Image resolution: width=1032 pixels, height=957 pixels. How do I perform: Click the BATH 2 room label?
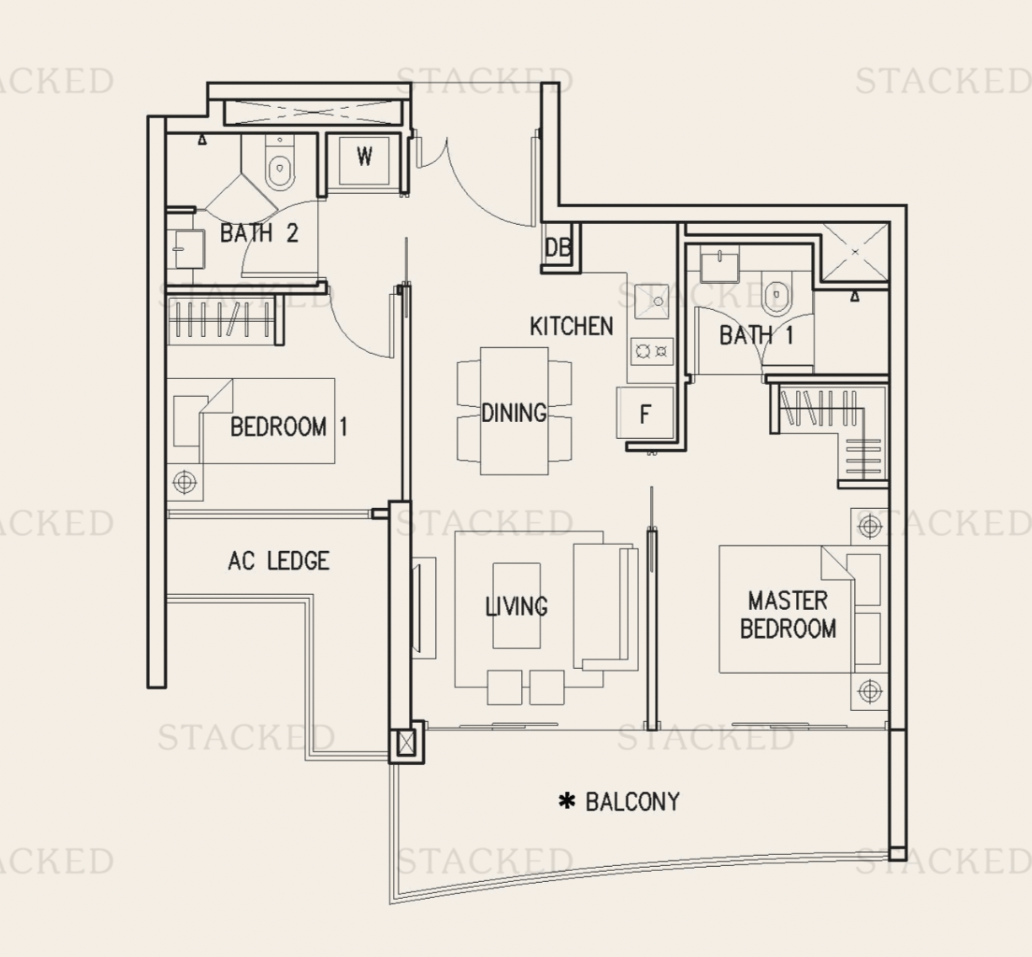(259, 233)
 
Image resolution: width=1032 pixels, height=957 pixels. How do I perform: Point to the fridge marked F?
(645, 414)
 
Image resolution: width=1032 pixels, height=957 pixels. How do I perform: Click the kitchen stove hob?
(652, 351)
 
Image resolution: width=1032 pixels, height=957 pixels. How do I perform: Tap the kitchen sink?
(651, 301)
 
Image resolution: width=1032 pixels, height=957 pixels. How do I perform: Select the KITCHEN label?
(571, 327)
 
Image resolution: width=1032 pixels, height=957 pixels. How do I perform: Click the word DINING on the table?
(514, 413)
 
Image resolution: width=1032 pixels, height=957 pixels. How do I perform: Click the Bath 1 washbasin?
(720, 264)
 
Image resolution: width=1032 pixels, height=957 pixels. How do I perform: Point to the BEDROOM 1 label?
(288, 427)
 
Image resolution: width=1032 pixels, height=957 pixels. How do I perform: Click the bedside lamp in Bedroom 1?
(185, 482)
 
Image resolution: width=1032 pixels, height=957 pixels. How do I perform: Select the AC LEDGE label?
(278, 561)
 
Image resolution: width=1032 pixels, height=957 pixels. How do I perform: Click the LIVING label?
(516, 606)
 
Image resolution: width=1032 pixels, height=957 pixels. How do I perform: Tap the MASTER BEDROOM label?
(787, 615)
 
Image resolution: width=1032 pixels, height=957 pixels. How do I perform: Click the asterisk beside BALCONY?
(567, 801)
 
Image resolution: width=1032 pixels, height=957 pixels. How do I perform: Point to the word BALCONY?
(632, 802)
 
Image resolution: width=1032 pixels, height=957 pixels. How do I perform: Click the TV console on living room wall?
(424, 608)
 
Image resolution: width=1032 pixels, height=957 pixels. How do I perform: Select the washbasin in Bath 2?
(187, 249)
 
